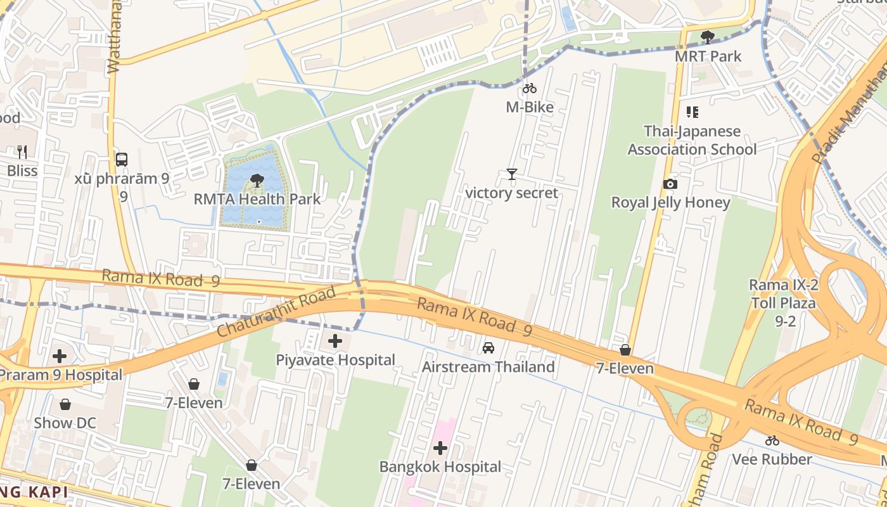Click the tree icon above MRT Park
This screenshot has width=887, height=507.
click(707, 37)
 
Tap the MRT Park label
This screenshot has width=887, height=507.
click(708, 56)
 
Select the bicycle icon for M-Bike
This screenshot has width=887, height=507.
click(530, 89)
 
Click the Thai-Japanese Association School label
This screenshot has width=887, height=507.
click(692, 141)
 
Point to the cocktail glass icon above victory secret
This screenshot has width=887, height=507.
click(512, 174)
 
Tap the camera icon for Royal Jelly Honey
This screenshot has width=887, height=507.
click(670, 184)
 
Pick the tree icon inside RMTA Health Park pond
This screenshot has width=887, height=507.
click(257, 181)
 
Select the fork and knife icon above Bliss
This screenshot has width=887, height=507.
click(22, 151)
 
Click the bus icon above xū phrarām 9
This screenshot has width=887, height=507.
click(122, 160)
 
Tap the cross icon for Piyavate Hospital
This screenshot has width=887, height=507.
click(335, 342)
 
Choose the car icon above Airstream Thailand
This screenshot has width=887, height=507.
click(488, 348)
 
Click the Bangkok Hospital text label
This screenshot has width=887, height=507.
click(440, 467)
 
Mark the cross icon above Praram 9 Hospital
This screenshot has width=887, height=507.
click(60, 356)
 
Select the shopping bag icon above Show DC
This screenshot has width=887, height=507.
click(65, 404)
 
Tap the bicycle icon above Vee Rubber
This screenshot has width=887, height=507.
click(772, 440)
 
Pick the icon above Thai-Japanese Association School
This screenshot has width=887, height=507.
click(692, 112)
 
